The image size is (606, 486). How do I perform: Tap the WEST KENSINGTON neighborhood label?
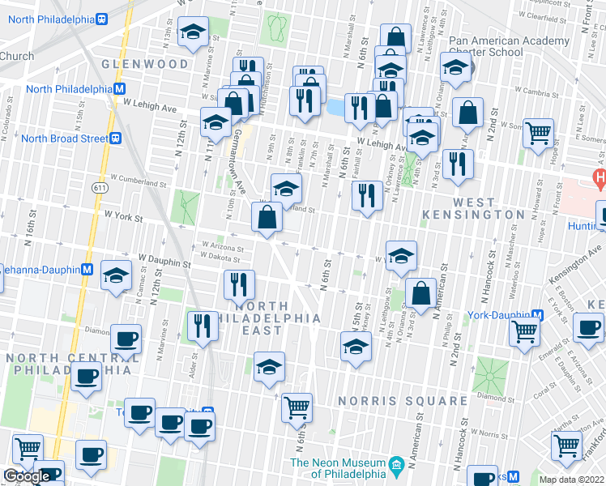(476, 207)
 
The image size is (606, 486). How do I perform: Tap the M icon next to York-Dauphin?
(537, 313)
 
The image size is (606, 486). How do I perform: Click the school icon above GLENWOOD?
(193, 32)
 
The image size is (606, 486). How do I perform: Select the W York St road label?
(123, 217)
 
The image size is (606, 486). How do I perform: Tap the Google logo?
(27, 477)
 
